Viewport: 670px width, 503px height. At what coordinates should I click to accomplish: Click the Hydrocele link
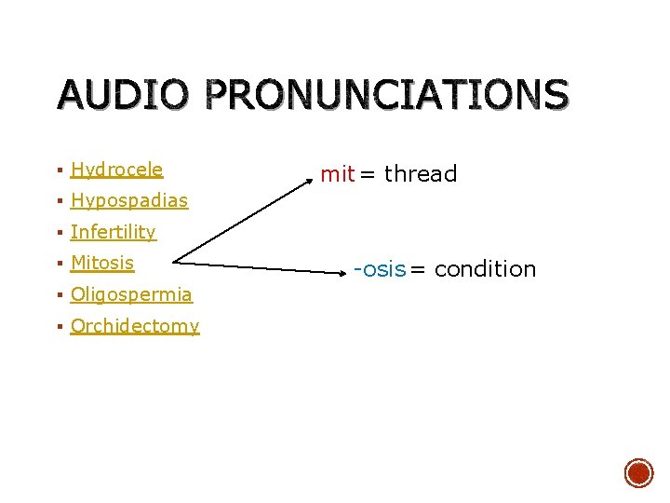tap(116, 170)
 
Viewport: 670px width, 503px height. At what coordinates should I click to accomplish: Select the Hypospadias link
tap(128, 200)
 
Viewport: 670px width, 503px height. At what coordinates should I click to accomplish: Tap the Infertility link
tap(113, 232)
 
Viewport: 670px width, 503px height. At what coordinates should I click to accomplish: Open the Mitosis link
tap(102, 263)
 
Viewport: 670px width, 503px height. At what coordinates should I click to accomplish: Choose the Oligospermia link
tap(131, 294)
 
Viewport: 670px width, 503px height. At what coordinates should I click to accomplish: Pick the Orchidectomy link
tap(135, 326)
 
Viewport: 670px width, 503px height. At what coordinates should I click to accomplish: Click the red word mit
tap(337, 174)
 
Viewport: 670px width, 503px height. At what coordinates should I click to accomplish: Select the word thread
tap(421, 174)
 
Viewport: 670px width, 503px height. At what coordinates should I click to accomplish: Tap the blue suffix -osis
tap(380, 269)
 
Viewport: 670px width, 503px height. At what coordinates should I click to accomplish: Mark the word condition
tap(485, 269)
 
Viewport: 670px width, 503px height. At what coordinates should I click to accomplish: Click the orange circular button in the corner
tap(638, 473)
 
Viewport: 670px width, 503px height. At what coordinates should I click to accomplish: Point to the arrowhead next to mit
tap(313, 170)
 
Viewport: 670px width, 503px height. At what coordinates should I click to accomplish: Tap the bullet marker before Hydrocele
tap(59, 170)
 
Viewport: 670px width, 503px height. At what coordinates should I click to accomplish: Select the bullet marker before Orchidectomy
tap(59, 327)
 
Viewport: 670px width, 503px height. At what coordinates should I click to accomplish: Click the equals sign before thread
tap(368, 174)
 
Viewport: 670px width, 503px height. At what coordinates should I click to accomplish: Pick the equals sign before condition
tap(419, 270)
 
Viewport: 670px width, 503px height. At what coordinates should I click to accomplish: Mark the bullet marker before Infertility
tap(59, 233)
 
